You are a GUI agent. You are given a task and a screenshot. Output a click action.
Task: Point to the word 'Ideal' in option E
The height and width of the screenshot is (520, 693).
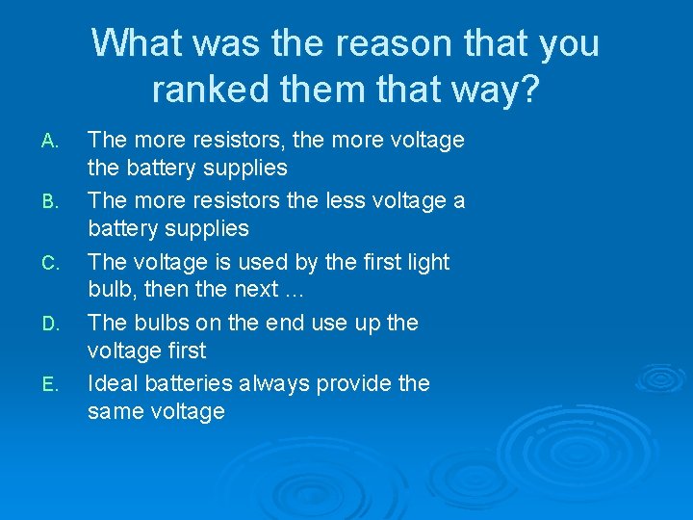[113, 382]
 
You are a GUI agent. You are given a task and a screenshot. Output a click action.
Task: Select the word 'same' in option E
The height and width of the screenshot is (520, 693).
[114, 412]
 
